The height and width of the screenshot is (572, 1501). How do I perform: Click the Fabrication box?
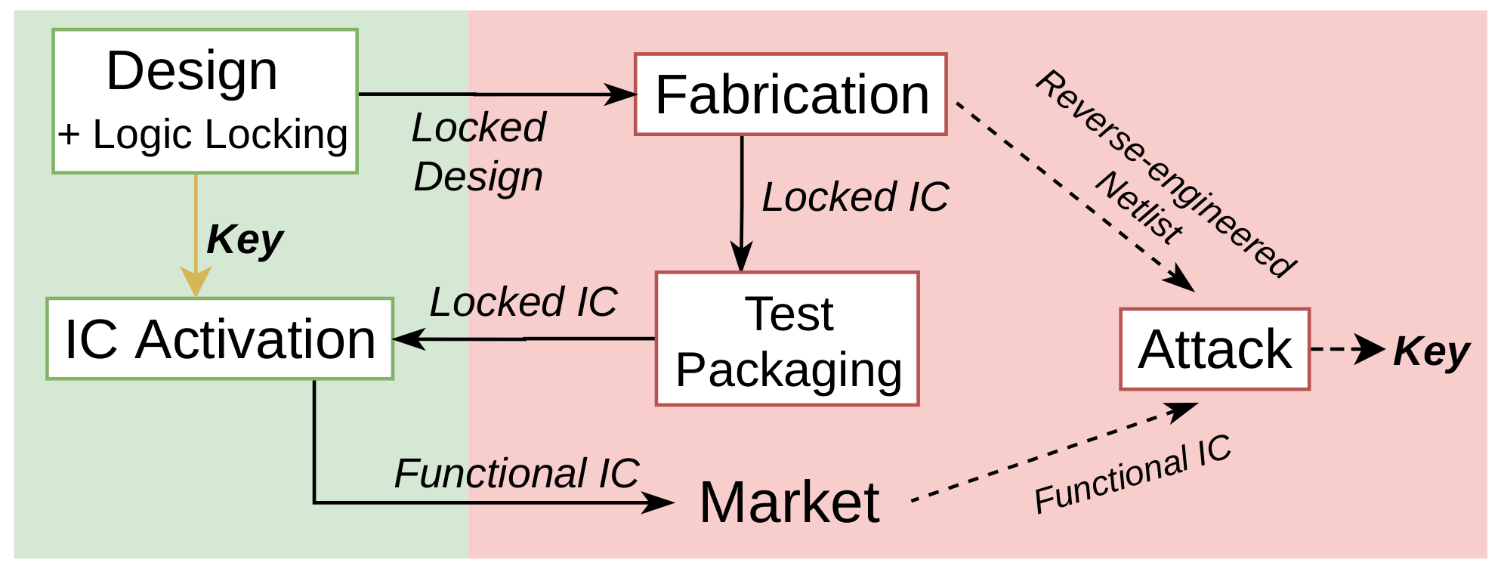[x=790, y=94]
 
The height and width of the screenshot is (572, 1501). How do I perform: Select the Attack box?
[x=1214, y=349]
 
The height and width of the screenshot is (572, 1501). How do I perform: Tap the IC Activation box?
[x=220, y=339]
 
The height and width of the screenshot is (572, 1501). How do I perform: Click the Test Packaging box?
[x=787, y=339]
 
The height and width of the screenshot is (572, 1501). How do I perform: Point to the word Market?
[x=789, y=502]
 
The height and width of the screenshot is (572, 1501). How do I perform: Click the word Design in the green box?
[x=192, y=71]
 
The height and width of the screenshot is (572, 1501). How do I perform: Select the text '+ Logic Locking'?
[x=203, y=135]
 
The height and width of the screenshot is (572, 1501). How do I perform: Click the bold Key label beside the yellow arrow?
[x=244, y=240]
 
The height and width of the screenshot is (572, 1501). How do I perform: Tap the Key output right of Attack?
[x=1431, y=351]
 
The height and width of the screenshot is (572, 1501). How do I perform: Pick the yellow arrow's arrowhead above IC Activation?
[x=196, y=283]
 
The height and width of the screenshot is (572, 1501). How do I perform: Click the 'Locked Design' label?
[x=478, y=152]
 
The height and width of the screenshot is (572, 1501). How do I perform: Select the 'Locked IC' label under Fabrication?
[x=854, y=197]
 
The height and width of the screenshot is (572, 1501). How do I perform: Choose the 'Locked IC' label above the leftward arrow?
[x=523, y=302]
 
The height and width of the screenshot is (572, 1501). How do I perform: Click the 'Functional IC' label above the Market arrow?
[x=516, y=474]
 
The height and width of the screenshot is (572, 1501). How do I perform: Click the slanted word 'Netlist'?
[x=1139, y=208]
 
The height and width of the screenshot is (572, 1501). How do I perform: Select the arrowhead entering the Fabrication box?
[x=624, y=94]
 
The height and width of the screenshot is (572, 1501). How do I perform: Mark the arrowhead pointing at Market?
[x=659, y=502]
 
